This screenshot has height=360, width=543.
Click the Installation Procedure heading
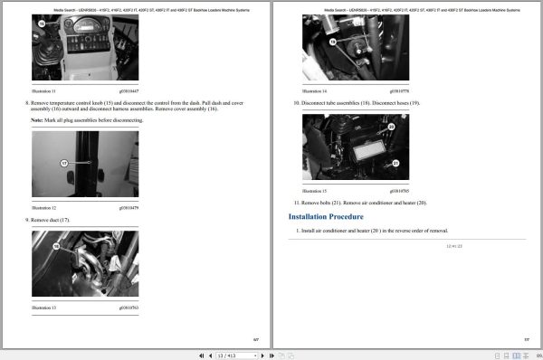click(x=326, y=217)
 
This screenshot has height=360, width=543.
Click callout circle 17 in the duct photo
click(x=63, y=164)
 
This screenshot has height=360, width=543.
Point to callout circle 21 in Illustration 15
click(x=395, y=165)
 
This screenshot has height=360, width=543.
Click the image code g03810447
click(x=128, y=91)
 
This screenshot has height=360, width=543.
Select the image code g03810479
click(x=128, y=209)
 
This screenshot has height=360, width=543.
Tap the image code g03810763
click(x=128, y=308)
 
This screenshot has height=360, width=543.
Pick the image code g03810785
click(x=399, y=192)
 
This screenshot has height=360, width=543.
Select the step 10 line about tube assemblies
click(x=357, y=102)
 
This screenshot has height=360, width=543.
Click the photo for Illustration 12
click(x=84, y=165)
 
